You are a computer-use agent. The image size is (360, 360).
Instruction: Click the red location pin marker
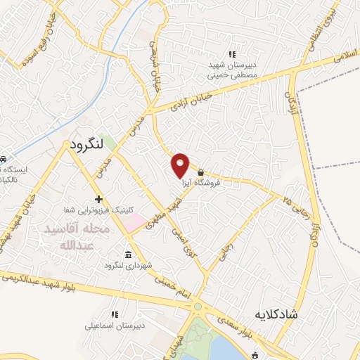tap(181, 165)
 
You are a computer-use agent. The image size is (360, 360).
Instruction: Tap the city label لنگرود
tap(86, 145)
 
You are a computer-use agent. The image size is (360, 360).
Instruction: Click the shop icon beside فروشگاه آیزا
tap(201, 172)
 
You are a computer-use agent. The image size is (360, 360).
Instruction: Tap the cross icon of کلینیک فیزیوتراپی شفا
tap(98, 200)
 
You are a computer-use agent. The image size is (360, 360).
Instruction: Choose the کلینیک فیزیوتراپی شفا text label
tap(98, 210)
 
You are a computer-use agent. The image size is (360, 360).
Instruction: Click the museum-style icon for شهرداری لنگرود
tap(127, 255)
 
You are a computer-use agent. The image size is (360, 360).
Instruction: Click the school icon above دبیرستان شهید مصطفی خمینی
tap(233, 54)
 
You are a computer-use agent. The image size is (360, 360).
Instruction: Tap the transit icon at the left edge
tap(4, 159)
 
